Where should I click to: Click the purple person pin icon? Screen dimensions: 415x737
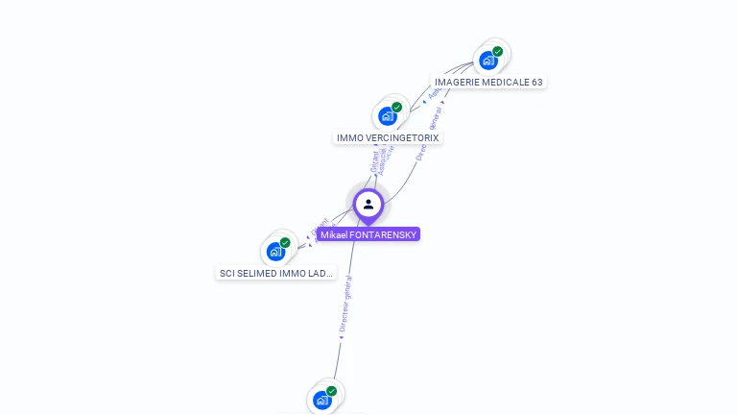[368, 205]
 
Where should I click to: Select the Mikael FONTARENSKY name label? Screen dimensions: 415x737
[368, 234]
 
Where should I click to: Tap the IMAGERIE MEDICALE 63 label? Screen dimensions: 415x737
[488, 83]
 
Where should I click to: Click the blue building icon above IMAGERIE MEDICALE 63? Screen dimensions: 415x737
[488, 61]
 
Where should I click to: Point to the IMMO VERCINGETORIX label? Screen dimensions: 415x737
[388, 138]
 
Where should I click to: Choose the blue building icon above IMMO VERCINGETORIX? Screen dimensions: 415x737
[388, 116]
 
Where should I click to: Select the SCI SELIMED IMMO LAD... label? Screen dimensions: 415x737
[276, 274]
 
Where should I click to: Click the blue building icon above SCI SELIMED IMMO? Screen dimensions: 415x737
[276, 252]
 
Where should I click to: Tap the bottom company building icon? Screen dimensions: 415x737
[322, 400]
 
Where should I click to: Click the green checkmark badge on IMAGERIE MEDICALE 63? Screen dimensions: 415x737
[497, 52]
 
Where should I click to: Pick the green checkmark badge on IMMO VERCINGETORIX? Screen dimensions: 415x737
[396, 108]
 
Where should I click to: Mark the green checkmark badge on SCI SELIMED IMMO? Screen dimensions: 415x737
[285, 243]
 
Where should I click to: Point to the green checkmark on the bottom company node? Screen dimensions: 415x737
[331, 391]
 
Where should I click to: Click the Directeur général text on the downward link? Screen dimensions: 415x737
[346, 305]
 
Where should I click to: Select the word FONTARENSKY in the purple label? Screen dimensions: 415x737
[384, 234]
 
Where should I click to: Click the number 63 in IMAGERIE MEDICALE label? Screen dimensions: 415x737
[536, 83]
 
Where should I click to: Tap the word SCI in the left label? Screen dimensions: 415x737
[227, 274]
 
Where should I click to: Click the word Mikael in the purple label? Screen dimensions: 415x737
[334, 234]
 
